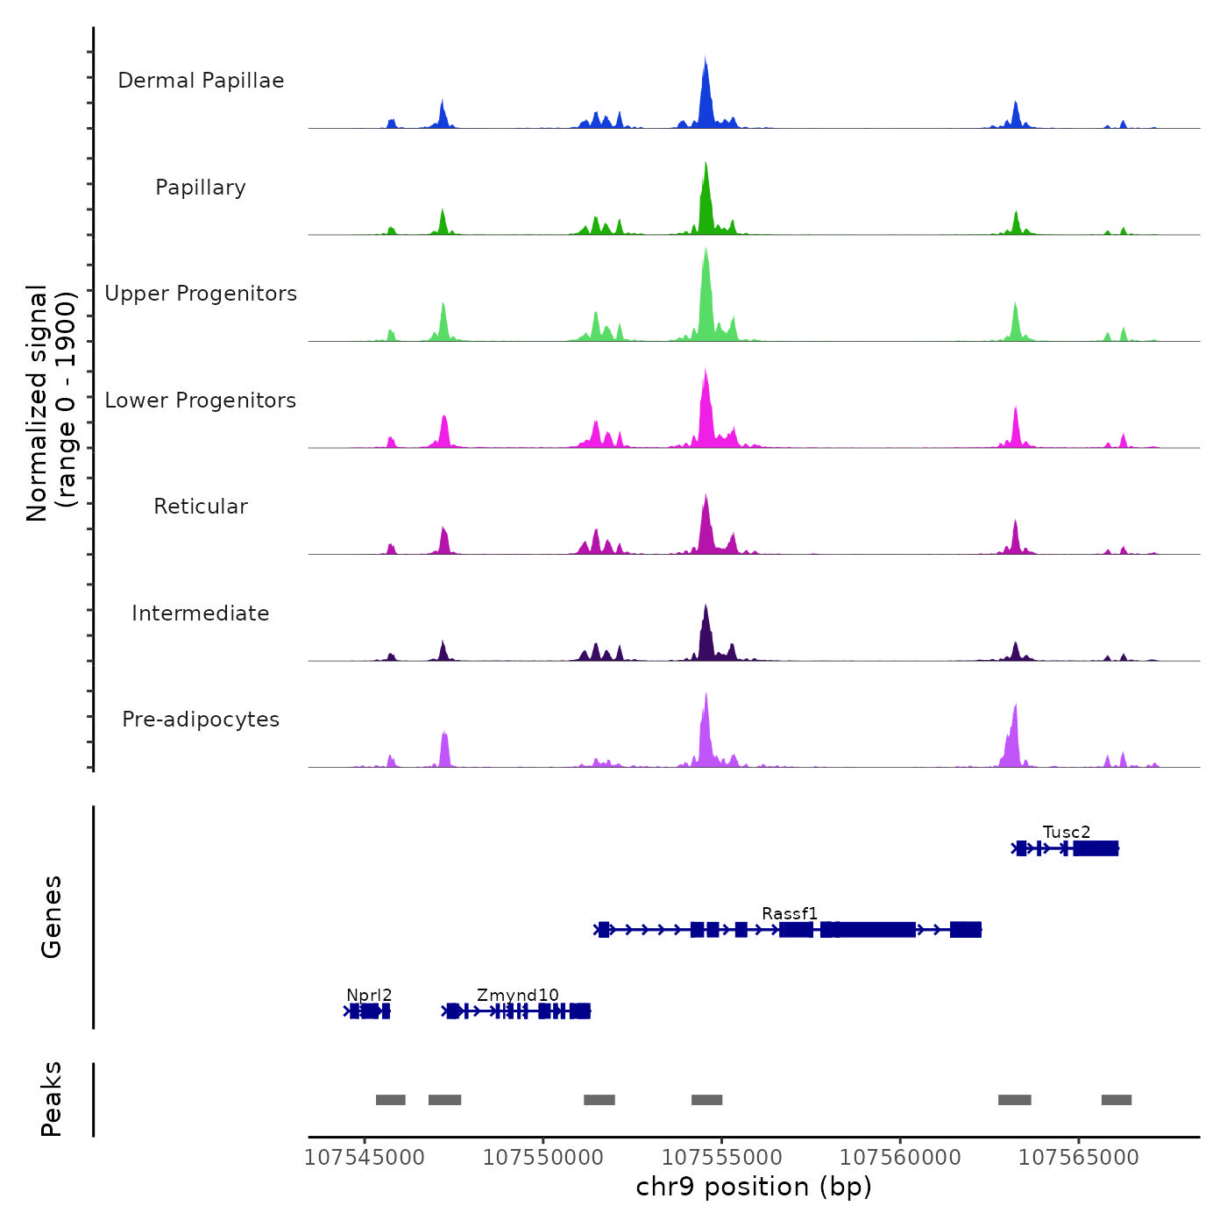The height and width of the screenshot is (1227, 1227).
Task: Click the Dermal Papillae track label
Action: coord(201,81)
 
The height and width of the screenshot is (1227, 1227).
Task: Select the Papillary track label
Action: coord(201,188)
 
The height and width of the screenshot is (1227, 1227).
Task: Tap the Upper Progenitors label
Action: coord(201,294)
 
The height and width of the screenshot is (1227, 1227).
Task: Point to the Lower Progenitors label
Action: coord(201,401)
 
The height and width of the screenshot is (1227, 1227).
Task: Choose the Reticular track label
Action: coord(201,507)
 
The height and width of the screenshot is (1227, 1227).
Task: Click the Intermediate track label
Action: coord(201,613)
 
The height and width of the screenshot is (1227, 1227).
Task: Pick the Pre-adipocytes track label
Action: coord(201,720)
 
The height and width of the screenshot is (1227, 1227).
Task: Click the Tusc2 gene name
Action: coord(1067,832)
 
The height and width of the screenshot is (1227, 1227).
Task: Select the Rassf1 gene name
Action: coord(790,913)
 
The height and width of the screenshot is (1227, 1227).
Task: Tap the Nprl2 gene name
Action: coord(369,995)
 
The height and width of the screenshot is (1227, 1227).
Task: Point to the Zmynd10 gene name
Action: coord(518,995)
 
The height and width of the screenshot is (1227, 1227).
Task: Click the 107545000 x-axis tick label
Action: coord(365,1157)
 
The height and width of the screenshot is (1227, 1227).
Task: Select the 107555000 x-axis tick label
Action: coord(722,1157)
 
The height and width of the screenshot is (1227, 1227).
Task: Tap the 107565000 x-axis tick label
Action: coord(1079,1157)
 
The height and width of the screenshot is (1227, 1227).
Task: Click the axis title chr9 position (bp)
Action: coord(754,1187)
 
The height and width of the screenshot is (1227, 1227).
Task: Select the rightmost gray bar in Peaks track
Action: coord(1117,1100)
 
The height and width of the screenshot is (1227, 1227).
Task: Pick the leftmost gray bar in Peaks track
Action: coord(391,1100)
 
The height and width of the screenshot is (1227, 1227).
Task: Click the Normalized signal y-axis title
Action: coord(51,402)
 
